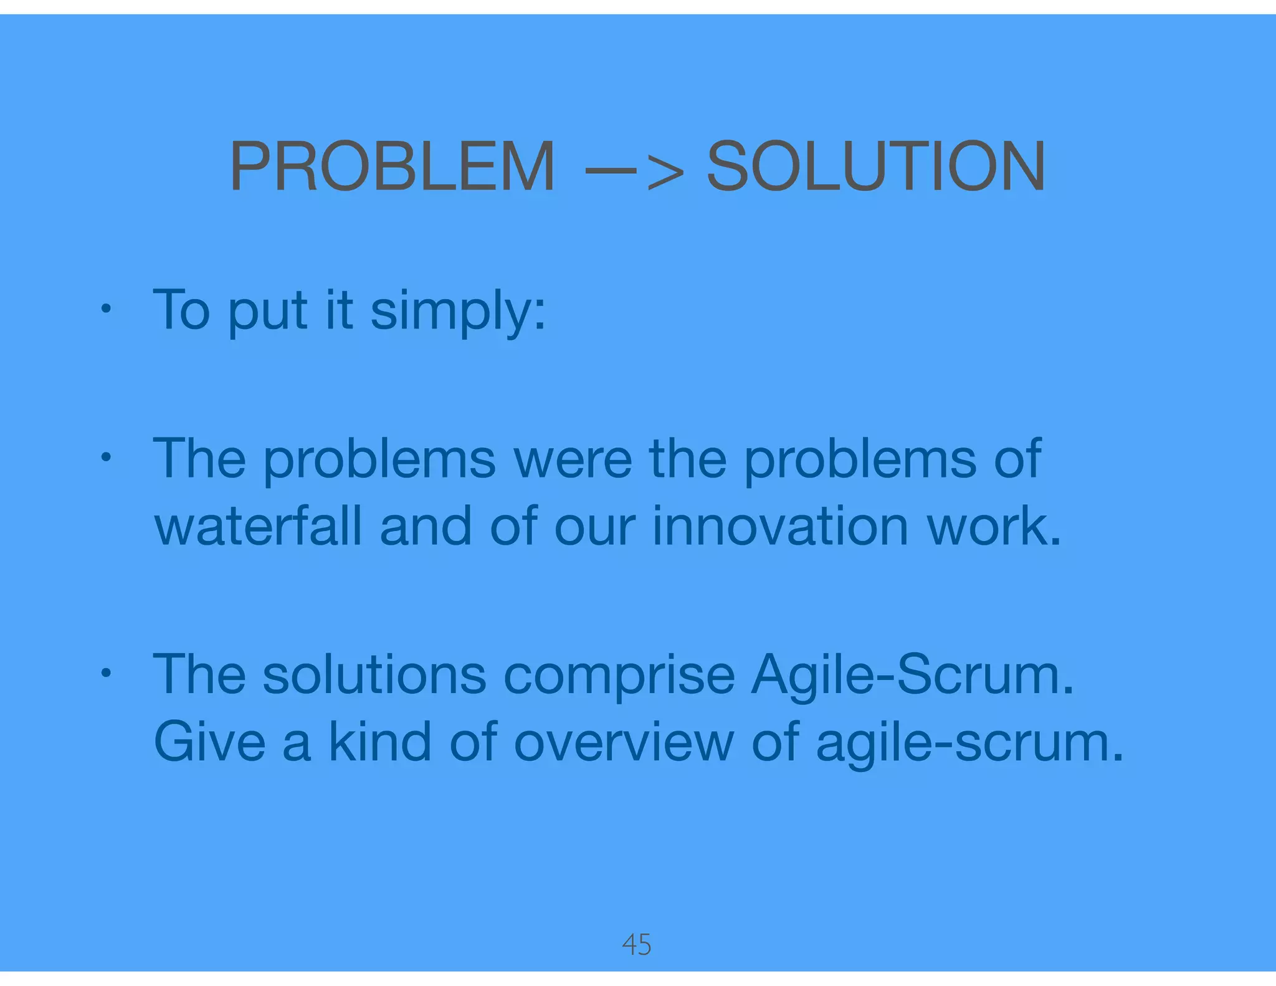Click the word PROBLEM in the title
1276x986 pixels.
(x=392, y=166)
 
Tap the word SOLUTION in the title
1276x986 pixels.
(x=875, y=166)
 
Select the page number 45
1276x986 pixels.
(x=637, y=945)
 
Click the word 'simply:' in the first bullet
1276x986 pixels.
(x=458, y=312)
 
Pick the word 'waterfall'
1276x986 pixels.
(x=258, y=527)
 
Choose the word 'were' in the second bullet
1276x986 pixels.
(x=573, y=459)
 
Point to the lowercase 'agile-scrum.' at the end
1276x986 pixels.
(x=969, y=743)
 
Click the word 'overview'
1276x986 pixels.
(x=624, y=743)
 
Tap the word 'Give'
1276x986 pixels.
(x=209, y=743)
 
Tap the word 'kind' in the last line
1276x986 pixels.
(x=380, y=743)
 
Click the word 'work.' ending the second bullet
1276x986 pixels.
(x=994, y=527)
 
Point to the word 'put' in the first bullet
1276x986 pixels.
(x=268, y=312)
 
